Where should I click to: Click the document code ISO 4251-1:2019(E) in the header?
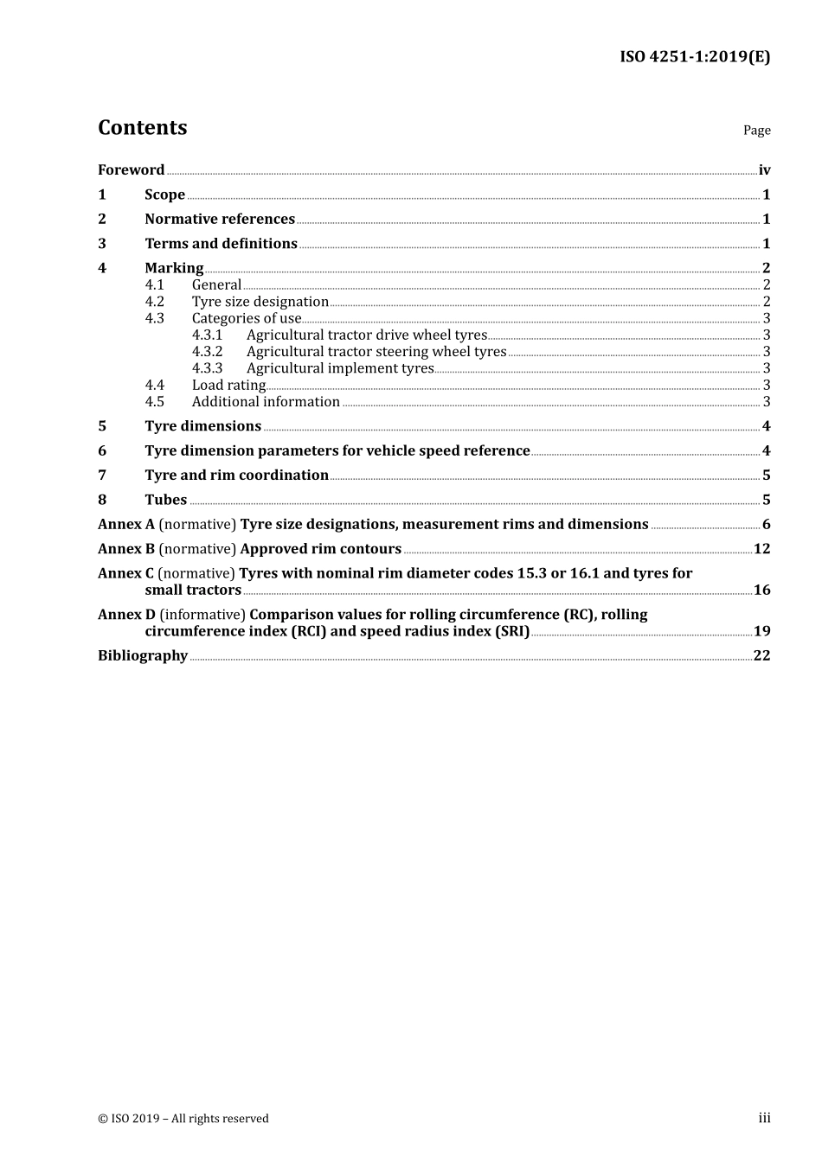click(694, 57)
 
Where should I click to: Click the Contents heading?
click(142, 128)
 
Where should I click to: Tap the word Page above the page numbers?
click(756, 131)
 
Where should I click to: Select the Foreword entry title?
click(131, 170)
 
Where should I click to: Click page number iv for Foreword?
click(764, 170)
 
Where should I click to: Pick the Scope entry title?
click(164, 195)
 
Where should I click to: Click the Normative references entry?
click(220, 220)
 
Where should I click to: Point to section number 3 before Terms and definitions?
click(102, 244)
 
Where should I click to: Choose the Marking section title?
click(174, 268)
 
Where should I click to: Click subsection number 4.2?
click(154, 302)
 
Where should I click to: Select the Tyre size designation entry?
click(260, 302)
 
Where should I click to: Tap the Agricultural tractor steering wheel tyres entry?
click(376, 352)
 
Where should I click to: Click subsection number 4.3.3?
click(207, 368)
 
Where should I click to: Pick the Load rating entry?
click(228, 386)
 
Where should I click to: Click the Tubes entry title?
click(165, 500)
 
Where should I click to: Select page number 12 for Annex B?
click(761, 549)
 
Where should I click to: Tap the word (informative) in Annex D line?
click(202, 615)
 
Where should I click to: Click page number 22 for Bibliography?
click(761, 655)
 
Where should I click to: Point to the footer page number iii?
click(764, 1118)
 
